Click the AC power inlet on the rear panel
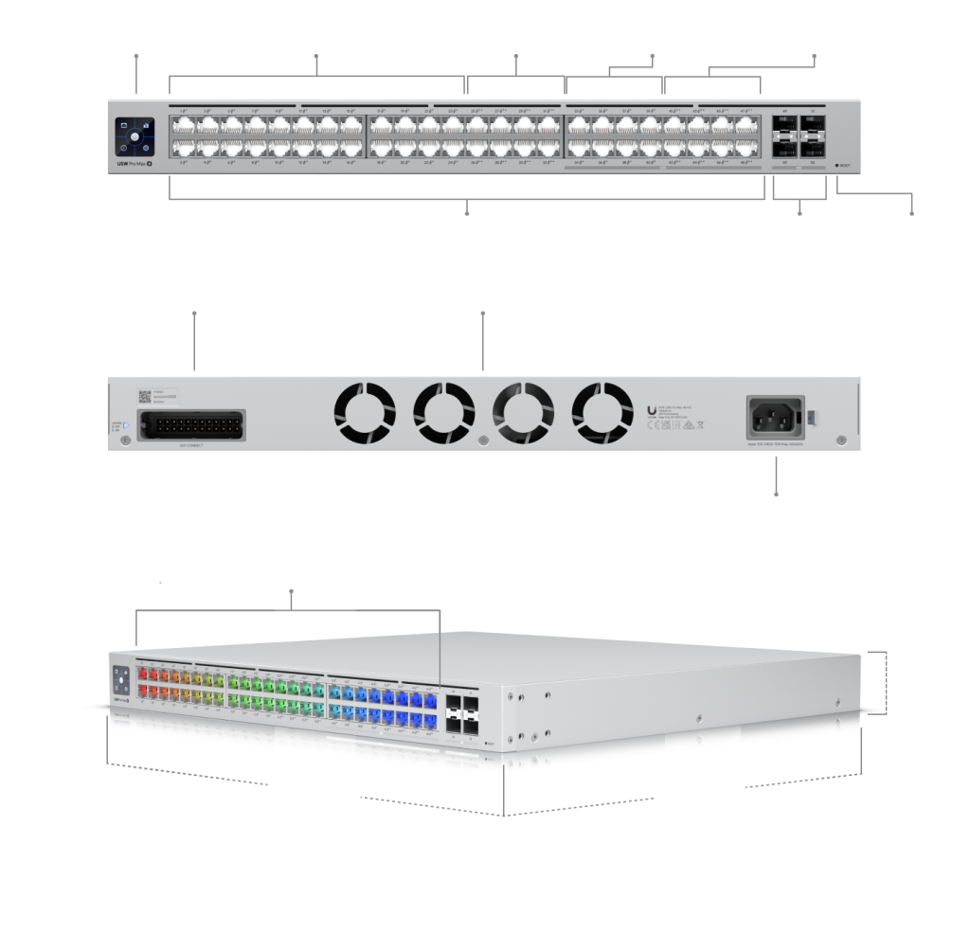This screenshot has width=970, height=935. pyautogui.click(x=776, y=414)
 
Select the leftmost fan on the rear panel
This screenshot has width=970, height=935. pyautogui.click(x=364, y=413)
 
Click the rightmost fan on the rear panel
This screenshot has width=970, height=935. pyautogui.click(x=602, y=413)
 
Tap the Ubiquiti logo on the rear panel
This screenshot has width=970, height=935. pyautogui.click(x=650, y=409)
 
